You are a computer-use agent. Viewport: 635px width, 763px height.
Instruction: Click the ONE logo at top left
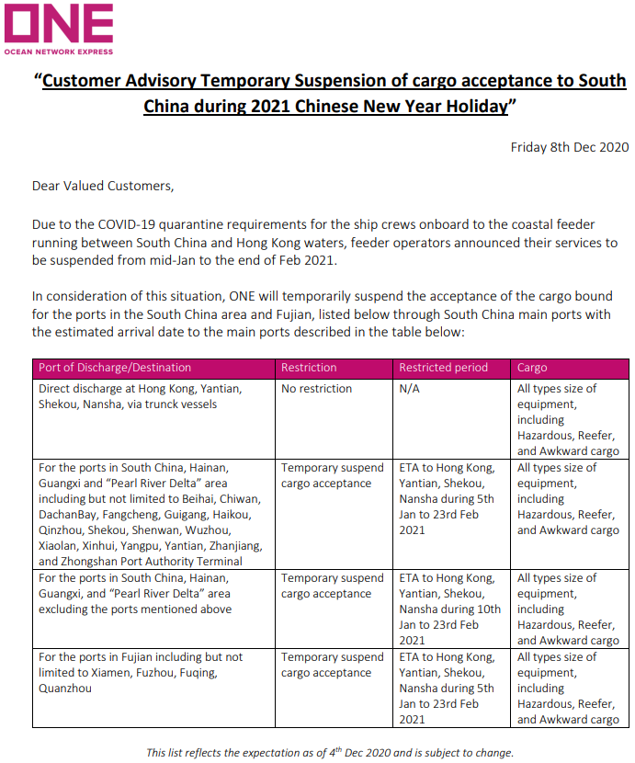pyautogui.click(x=59, y=28)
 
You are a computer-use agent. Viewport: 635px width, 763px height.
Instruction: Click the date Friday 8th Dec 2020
pyautogui.click(x=569, y=147)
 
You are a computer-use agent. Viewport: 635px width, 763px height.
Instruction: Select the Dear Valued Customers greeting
pyautogui.click(x=102, y=186)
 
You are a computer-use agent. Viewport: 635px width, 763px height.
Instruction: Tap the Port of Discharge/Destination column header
pyautogui.click(x=115, y=368)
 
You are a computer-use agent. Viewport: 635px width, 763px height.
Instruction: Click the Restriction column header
pyautogui.click(x=309, y=368)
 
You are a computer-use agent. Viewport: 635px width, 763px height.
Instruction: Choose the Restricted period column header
pyautogui.click(x=443, y=368)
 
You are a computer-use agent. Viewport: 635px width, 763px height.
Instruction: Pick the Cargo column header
pyautogui.click(x=532, y=368)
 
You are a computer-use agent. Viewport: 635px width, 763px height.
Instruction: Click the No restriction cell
pyautogui.click(x=316, y=389)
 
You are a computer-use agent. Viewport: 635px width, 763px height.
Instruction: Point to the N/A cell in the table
pyautogui.click(x=410, y=389)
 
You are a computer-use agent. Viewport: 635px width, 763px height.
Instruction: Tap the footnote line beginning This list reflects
pyautogui.click(x=330, y=752)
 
